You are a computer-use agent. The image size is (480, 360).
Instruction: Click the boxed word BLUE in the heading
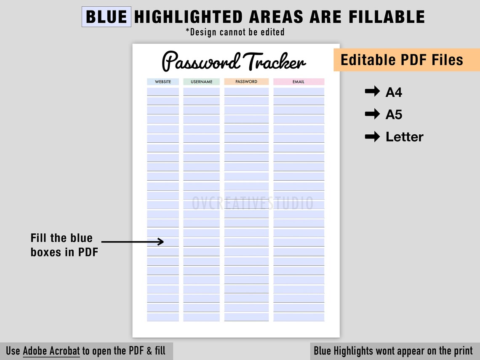106,17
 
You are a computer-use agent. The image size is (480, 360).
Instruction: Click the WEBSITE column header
163,82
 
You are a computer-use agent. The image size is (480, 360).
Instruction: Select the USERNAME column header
201,82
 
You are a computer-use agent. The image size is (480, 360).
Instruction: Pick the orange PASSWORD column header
246,82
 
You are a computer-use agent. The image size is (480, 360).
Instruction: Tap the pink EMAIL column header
299,82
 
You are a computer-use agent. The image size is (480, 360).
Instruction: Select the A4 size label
394,92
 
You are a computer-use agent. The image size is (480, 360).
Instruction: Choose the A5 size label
394,114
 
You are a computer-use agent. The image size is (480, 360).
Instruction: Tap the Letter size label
404,137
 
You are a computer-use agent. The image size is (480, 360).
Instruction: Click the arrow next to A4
372,92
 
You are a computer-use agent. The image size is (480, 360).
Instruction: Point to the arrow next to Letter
372,136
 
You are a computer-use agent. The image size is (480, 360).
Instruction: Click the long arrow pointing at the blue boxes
133,242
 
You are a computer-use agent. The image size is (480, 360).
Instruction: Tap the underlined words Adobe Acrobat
51,351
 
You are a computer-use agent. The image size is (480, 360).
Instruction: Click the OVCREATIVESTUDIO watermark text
253,203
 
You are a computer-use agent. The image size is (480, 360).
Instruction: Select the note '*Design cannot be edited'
235,32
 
